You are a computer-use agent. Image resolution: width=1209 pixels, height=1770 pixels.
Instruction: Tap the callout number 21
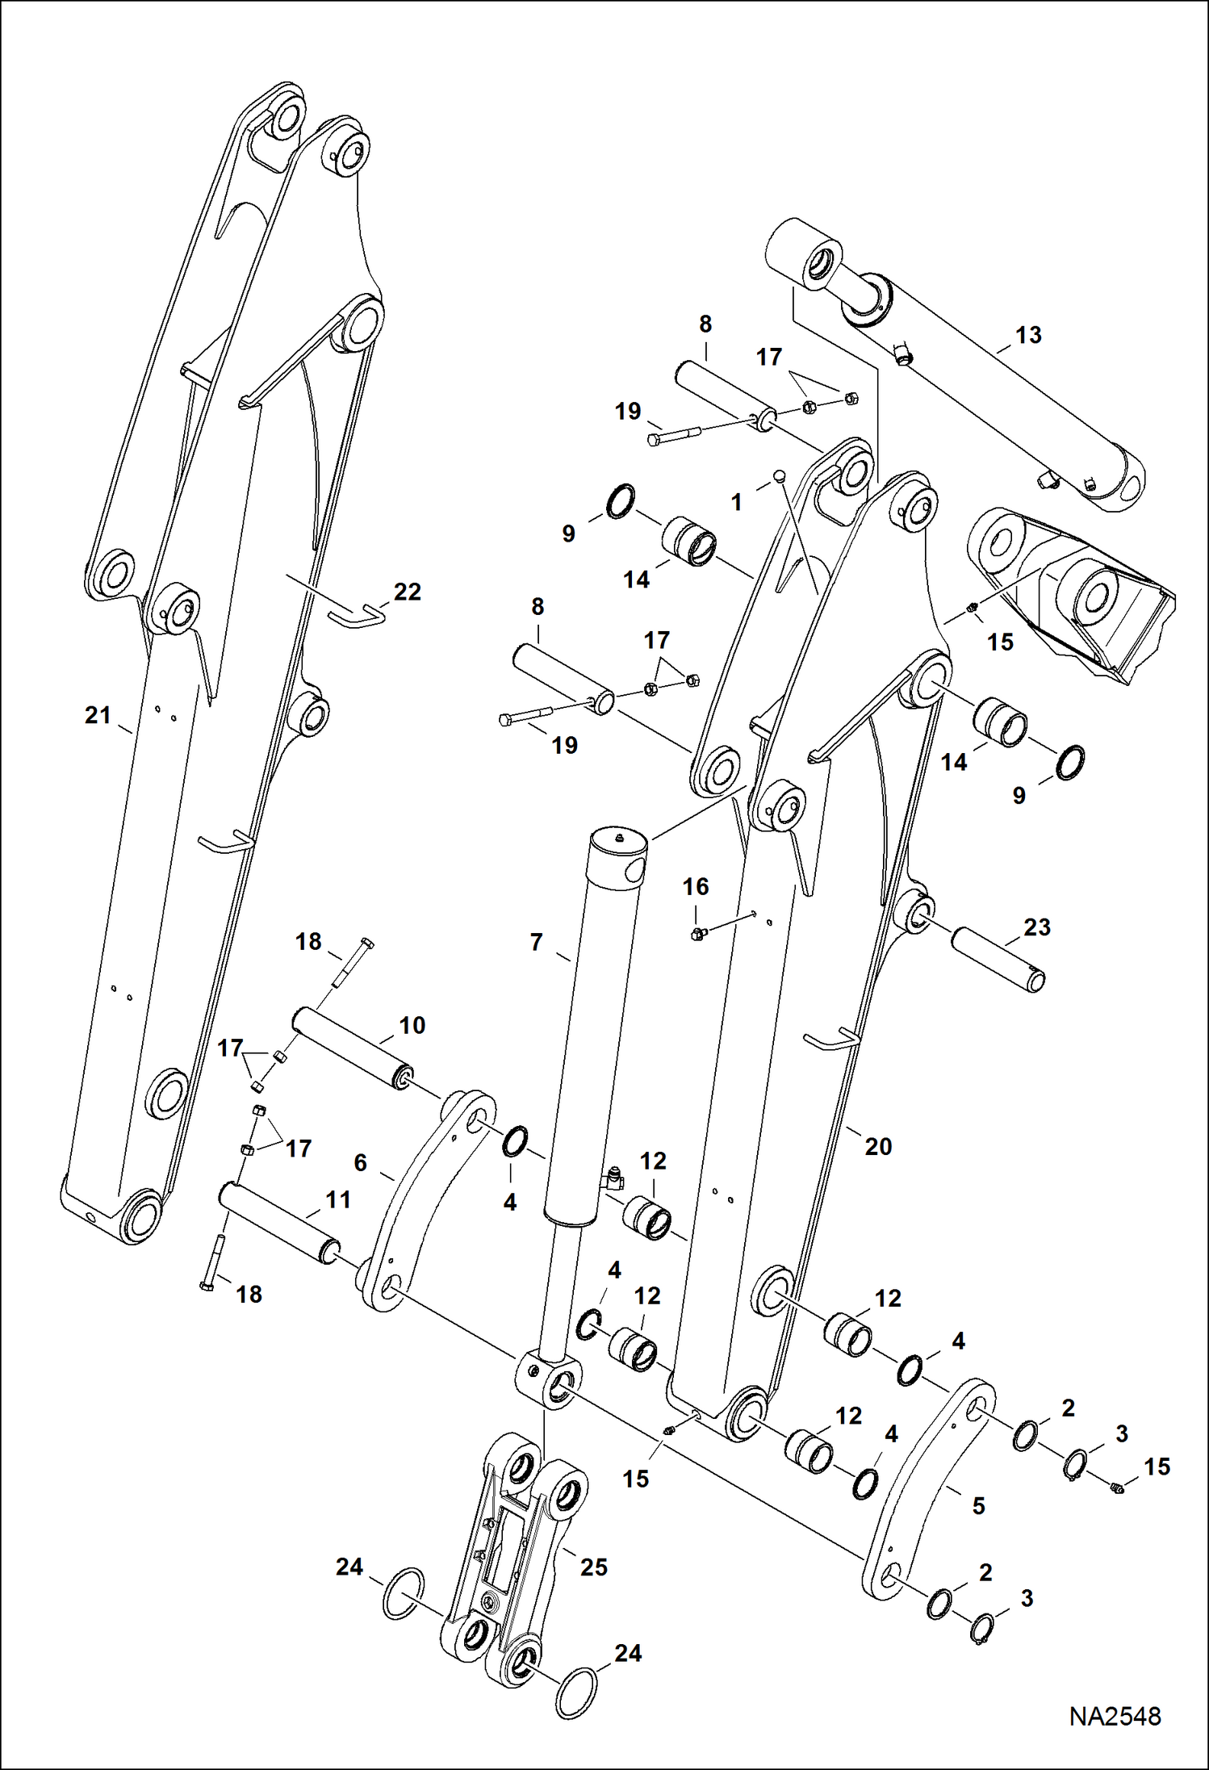point(98,715)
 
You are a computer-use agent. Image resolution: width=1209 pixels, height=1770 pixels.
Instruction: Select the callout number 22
point(407,592)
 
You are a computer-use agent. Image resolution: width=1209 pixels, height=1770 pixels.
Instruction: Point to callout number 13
point(1027,335)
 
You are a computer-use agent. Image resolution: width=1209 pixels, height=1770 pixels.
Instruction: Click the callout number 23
point(1036,927)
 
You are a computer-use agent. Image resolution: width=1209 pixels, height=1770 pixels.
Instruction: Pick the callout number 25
point(593,1567)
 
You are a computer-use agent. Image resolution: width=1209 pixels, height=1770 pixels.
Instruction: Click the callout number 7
point(536,942)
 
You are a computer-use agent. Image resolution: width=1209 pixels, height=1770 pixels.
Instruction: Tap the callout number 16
point(695,887)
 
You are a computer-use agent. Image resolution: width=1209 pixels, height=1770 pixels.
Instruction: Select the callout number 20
point(877,1146)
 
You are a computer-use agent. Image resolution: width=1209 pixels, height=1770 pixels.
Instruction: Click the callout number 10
point(412,1025)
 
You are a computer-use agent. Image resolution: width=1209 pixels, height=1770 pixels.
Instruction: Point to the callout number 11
point(337,1200)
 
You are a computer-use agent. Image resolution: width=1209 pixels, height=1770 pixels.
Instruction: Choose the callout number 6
point(360,1162)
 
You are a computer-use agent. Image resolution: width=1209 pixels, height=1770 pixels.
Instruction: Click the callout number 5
point(978,1505)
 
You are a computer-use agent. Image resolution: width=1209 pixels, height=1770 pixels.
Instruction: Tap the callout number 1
point(735,503)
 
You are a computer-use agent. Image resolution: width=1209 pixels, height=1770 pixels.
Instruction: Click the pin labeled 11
point(278,1223)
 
